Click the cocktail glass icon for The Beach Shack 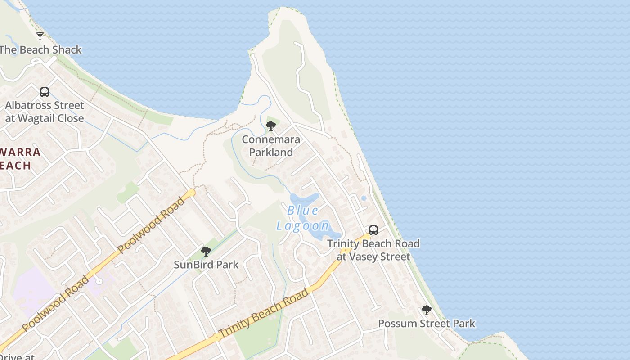40,36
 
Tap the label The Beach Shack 40,49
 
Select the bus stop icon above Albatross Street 45,92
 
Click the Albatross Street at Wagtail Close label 45,112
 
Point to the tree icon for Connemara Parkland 271,126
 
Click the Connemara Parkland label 271,146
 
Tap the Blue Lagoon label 303,218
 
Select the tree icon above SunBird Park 206,251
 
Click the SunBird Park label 206,265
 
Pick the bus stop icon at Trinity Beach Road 373,230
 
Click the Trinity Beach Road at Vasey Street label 373,250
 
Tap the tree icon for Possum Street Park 426,310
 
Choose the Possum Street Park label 426,324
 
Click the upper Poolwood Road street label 151,225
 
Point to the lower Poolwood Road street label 55,304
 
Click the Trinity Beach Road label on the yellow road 264,313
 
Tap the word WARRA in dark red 21,152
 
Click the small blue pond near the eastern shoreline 364,198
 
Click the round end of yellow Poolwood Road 192,193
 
